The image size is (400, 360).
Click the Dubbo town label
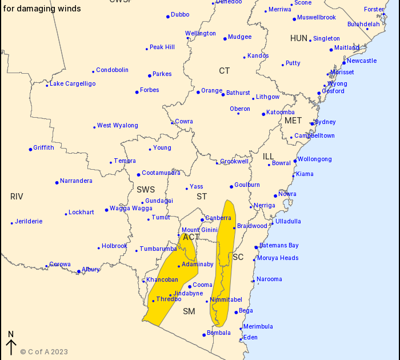(x=180, y=14)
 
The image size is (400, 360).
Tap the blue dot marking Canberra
(x=202, y=220)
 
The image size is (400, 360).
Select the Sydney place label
(x=325, y=122)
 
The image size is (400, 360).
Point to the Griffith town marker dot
(x=30, y=149)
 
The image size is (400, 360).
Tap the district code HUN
(x=299, y=38)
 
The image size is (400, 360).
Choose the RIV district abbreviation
(x=17, y=197)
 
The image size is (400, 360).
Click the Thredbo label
(x=169, y=299)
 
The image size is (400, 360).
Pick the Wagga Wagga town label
(x=131, y=208)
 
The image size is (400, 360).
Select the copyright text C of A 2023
(x=44, y=352)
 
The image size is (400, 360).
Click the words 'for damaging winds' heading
(x=42, y=9)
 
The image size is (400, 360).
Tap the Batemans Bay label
(x=279, y=245)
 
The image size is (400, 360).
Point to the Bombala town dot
(x=204, y=335)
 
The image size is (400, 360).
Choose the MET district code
(x=293, y=121)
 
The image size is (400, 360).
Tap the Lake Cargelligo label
(x=73, y=83)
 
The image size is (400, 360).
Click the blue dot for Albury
(x=79, y=271)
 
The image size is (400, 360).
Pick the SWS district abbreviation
(x=146, y=189)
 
